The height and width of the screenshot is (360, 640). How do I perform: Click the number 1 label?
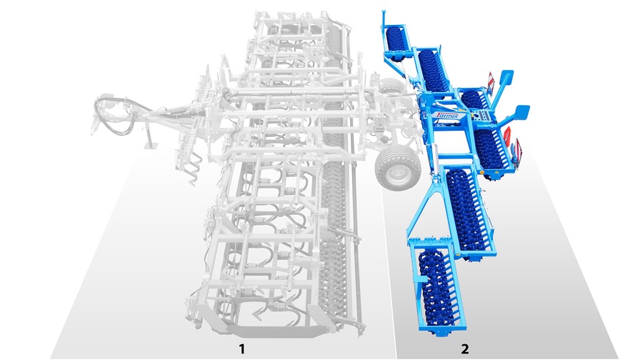(x=242, y=349)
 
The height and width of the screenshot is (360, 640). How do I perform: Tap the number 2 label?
(x=464, y=349)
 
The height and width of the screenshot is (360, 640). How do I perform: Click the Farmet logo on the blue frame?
(x=447, y=116)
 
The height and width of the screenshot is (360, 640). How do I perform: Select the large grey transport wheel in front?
(x=397, y=168)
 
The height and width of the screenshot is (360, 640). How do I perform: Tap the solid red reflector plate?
(x=507, y=136)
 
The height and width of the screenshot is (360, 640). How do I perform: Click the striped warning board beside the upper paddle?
(x=490, y=81)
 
